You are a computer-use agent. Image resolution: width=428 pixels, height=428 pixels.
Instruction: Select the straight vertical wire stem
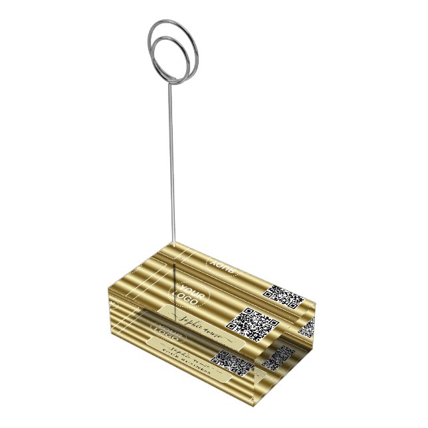(172, 166)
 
